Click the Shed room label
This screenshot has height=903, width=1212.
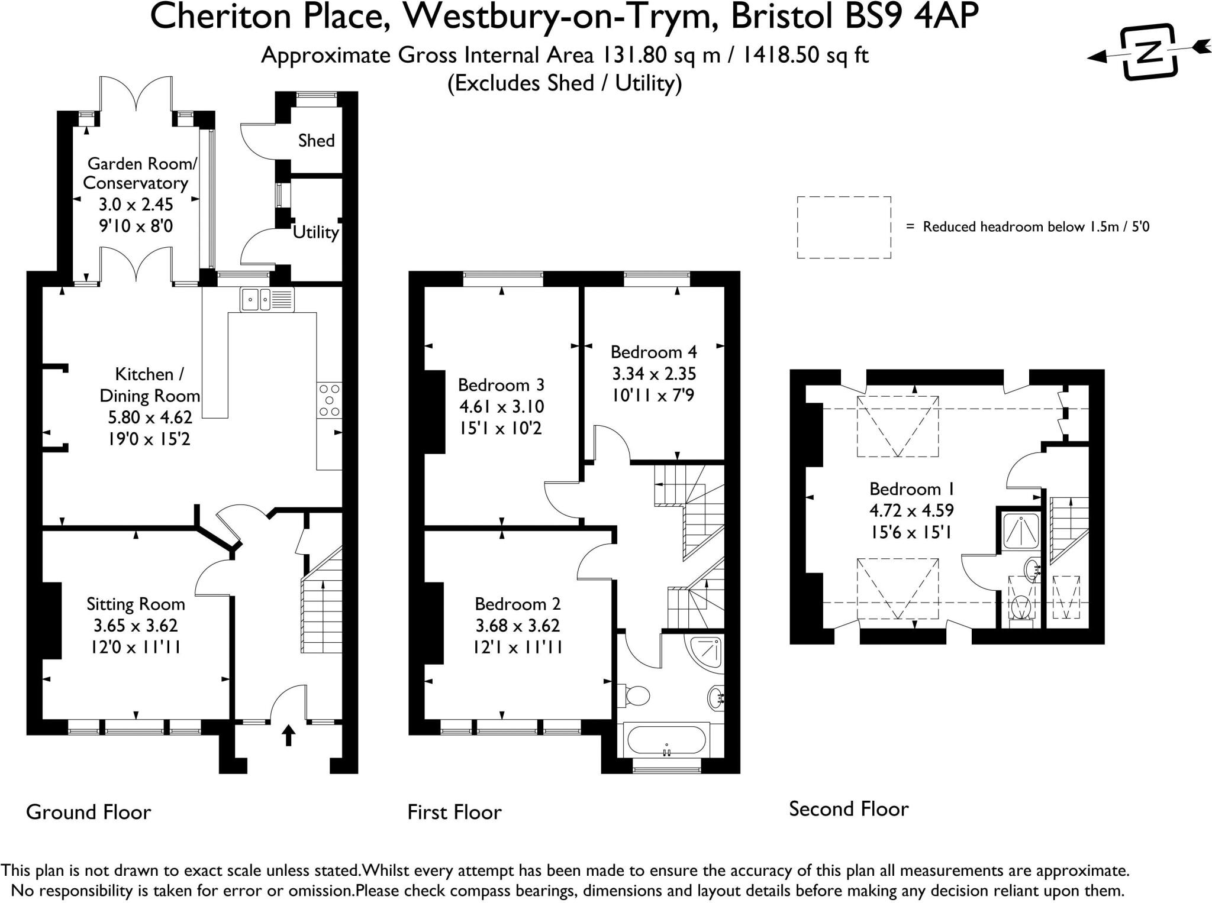click(316, 141)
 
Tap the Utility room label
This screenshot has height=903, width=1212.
click(316, 232)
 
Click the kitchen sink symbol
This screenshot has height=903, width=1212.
click(267, 299)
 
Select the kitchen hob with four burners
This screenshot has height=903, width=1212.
click(329, 400)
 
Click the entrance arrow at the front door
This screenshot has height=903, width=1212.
click(288, 735)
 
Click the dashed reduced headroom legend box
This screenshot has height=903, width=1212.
click(843, 227)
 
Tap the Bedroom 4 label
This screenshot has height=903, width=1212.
click(653, 352)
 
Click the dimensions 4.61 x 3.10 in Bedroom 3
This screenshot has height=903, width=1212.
click(501, 407)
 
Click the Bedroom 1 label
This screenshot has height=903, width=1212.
click(911, 489)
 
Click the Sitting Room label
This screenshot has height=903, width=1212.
click(136, 604)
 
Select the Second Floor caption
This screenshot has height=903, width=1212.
click(848, 809)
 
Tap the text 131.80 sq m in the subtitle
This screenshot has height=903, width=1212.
click(662, 55)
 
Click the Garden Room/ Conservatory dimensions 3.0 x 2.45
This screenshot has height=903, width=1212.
click(136, 205)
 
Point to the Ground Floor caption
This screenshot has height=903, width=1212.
click(89, 812)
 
